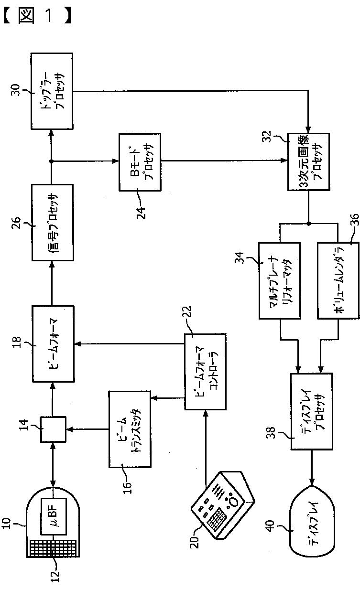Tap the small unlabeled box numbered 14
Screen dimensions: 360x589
pos(53,429)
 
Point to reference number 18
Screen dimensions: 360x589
pos(17,343)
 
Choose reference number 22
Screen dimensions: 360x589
pos(187,312)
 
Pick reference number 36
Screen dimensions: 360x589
pos(354,220)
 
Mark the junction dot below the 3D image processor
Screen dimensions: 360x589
pos(309,224)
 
